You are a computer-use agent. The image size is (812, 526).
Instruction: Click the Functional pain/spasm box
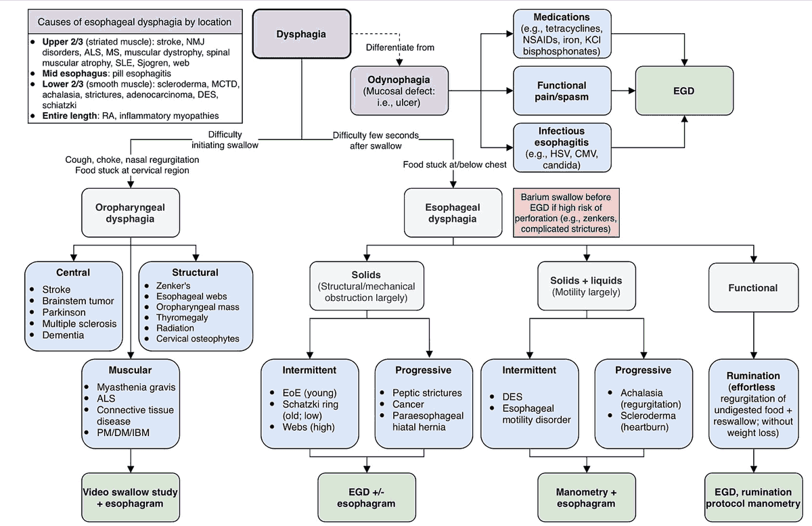[x=562, y=91]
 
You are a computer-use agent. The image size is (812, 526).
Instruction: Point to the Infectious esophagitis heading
[x=562, y=136]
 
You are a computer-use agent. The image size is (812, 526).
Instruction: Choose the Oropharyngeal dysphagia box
[x=130, y=213]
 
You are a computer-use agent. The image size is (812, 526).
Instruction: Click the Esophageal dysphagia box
[x=453, y=213]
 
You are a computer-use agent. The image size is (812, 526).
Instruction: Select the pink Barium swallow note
[x=566, y=213]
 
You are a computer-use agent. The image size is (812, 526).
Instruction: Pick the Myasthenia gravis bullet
[x=135, y=387]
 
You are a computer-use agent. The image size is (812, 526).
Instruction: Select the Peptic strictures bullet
[x=427, y=392]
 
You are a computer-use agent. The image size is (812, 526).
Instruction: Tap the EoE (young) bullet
[x=309, y=392]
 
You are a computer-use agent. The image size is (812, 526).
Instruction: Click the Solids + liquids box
[x=587, y=286]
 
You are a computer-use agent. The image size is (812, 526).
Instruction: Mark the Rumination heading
[x=752, y=375]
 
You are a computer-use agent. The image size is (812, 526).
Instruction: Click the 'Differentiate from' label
[x=400, y=47]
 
